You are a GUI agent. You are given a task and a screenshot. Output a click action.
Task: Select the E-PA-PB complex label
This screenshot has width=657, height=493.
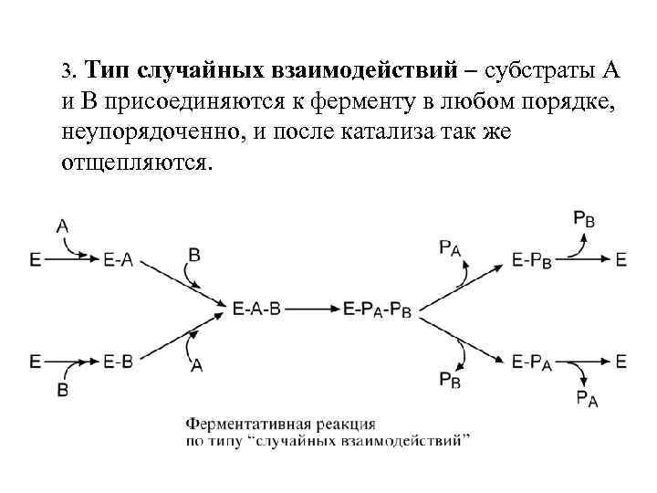pyautogui.click(x=378, y=311)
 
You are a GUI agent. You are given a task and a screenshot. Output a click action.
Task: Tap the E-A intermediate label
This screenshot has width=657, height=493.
pyautogui.click(x=119, y=260)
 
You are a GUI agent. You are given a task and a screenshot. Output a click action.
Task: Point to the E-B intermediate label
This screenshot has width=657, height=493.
pyautogui.click(x=119, y=362)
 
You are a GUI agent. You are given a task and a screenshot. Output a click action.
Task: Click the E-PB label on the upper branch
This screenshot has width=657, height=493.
pyautogui.click(x=531, y=260)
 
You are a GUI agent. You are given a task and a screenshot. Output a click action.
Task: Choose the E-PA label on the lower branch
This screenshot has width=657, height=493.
pyautogui.click(x=531, y=362)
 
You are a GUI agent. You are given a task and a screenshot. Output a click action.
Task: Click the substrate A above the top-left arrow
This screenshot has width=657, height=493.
pyautogui.click(x=63, y=225)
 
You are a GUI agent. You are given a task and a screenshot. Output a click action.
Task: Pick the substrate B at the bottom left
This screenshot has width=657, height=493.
pyautogui.click(x=63, y=390)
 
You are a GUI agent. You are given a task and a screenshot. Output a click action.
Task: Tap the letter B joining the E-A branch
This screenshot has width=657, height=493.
pyautogui.click(x=193, y=254)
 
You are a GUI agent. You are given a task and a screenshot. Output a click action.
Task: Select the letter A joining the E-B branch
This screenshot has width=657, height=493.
pyautogui.click(x=195, y=365)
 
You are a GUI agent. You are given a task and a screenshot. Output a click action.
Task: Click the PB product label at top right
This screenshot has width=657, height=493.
pyautogui.click(x=585, y=218)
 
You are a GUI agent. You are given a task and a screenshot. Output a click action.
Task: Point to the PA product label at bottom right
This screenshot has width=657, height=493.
pyautogui.click(x=587, y=398)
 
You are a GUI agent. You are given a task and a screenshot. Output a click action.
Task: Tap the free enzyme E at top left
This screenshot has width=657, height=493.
pyautogui.click(x=35, y=260)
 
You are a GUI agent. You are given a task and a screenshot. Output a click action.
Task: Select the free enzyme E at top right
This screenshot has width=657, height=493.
pyautogui.click(x=621, y=260)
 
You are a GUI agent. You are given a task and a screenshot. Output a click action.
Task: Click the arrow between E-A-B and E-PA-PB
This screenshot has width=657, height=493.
pyautogui.click(x=313, y=310)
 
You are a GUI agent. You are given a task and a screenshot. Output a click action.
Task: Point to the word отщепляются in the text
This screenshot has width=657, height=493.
pyautogui.click(x=136, y=163)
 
